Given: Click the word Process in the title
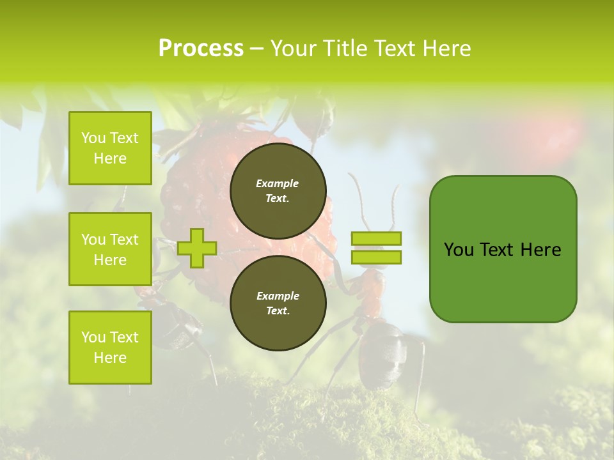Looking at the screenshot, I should point(201,49).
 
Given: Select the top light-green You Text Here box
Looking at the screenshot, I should point(110,148).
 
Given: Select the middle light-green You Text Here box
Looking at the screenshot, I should point(110,249).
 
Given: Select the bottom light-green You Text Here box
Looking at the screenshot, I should point(110,348).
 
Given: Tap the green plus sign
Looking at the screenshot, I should point(196,248).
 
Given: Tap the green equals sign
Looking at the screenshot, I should point(376,248).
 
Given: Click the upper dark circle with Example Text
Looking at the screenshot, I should point(278,190).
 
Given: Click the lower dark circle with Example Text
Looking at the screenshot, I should point(278,303).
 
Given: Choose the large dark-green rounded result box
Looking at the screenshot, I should point(503,249).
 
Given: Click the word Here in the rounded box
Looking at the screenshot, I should point(540,250).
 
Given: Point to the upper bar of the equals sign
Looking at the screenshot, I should point(376,239).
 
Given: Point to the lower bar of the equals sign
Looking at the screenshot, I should point(376,257).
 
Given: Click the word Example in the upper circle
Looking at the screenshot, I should point(278,184).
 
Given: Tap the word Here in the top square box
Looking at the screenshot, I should point(110,158).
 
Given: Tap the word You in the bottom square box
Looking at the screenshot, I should point(93,337).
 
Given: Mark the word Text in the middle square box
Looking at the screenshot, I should point(124,240).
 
